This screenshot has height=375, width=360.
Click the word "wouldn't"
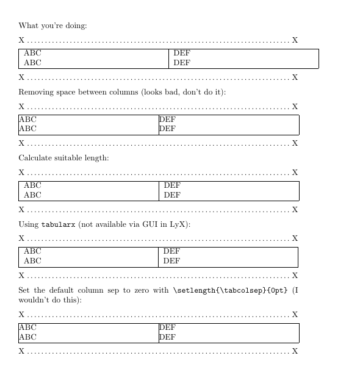[x=35, y=300]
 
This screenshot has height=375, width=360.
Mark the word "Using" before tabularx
[x=29, y=224]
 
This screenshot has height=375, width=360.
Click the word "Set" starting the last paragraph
[x=25, y=290]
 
